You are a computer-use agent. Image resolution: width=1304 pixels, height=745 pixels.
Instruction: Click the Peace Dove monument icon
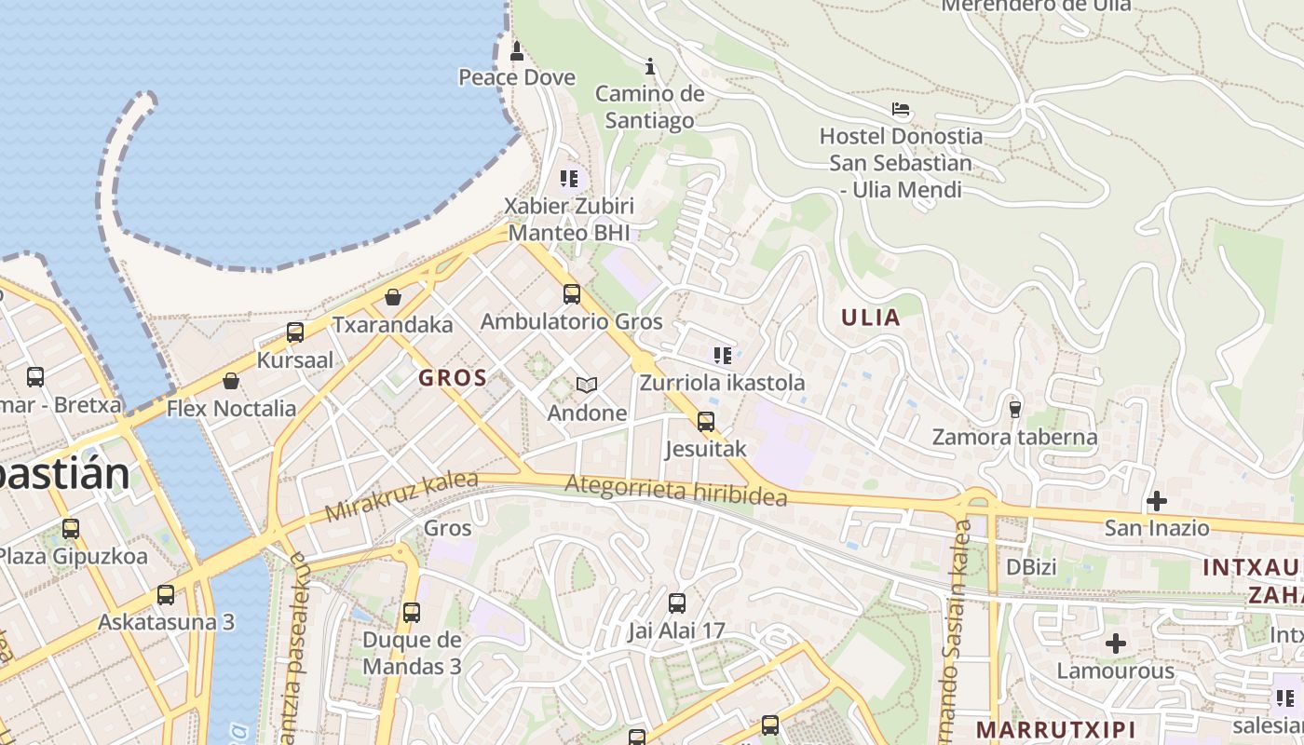pyautogui.click(x=517, y=50)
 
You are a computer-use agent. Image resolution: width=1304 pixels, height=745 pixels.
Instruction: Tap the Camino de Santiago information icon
pyautogui.click(x=650, y=66)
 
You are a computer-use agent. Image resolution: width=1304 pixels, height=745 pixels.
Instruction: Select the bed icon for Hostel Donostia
pyautogui.click(x=900, y=109)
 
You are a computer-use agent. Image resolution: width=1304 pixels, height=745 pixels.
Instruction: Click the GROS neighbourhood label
pyautogui.click(x=453, y=377)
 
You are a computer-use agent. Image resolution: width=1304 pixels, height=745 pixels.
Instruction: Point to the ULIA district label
pyautogui.click(x=871, y=318)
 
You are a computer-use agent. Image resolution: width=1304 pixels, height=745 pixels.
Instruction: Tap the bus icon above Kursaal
pyautogui.click(x=295, y=332)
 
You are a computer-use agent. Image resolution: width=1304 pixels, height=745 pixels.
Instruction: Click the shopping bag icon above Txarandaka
pyautogui.click(x=393, y=297)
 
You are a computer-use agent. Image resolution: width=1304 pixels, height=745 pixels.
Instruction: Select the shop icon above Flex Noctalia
pyautogui.click(x=231, y=381)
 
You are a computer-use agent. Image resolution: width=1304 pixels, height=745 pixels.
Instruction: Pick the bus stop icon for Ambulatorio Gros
pyautogui.click(x=571, y=294)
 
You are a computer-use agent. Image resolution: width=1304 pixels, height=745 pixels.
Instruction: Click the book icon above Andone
pyautogui.click(x=587, y=385)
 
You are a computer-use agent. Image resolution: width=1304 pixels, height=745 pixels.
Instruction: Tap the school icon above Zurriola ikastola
pyautogui.click(x=722, y=355)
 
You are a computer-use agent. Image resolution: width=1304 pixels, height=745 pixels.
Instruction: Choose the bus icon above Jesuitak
pyautogui.click(x=706, y=422)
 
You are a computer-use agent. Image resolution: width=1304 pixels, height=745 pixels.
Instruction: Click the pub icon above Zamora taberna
pyautogui.click(x=1014, y=409)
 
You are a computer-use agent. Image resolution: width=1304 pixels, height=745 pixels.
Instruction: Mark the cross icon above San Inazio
pyautogui.click(x=1156, y=501)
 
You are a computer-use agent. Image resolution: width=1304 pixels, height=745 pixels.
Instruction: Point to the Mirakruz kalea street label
pyautogui.click(x=401, y=497)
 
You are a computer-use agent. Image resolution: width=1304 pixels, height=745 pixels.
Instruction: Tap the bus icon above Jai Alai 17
pyautogui.click(x=676, y=603)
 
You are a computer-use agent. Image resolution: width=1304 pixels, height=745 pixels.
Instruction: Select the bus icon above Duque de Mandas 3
pyautogui.click(x=411, y=613)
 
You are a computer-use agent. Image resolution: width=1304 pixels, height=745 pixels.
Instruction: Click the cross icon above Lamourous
pyautogui.click(x=1115, y=643)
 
